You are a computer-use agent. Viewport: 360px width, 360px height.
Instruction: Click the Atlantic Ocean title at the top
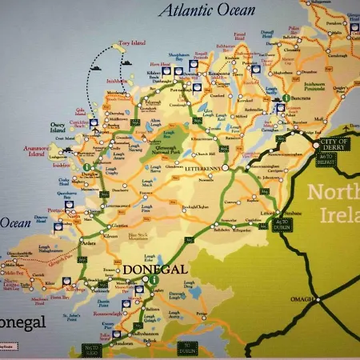[x=206, y=10]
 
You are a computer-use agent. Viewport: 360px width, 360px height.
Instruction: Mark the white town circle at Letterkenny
[x=226, y=167]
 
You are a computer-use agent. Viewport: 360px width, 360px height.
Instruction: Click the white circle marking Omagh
[x=318, y=300]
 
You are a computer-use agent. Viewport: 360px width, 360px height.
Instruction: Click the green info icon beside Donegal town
[x=150, y=282]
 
